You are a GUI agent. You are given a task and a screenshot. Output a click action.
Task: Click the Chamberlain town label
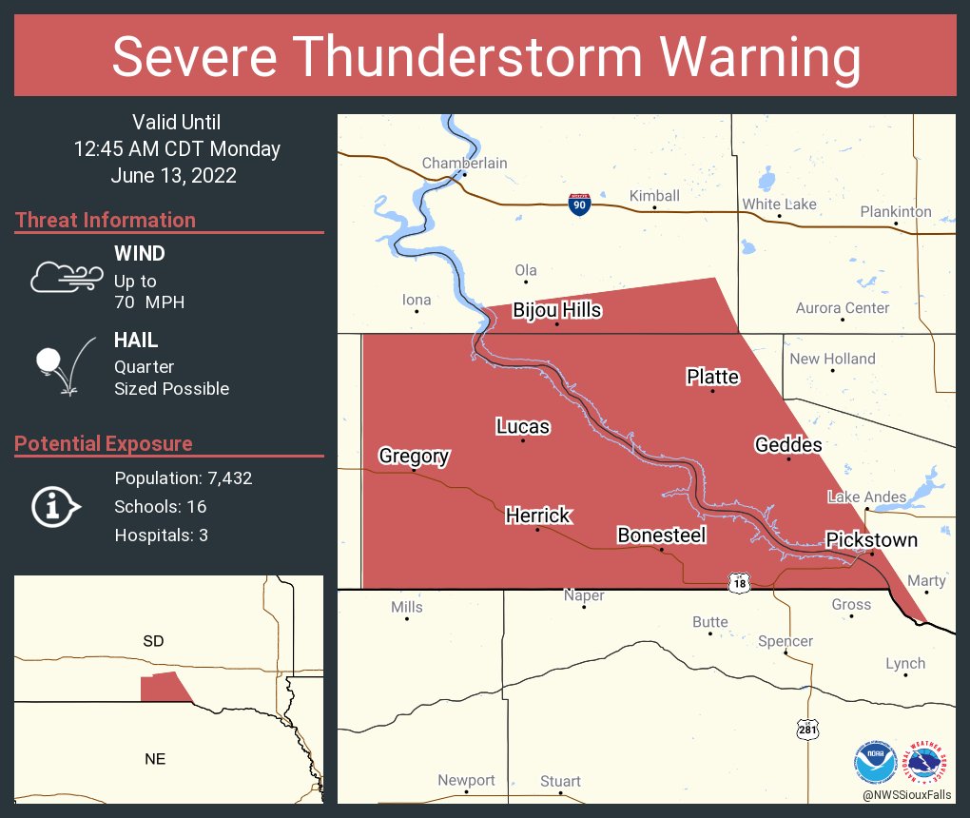464,163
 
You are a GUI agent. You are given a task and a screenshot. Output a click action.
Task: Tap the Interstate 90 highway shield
579,204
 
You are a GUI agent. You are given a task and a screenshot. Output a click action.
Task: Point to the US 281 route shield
806,730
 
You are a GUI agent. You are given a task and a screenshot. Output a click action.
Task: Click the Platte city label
712,377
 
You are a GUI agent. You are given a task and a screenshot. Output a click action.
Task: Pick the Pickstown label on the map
871,540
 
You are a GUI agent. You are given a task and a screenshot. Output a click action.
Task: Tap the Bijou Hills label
556,310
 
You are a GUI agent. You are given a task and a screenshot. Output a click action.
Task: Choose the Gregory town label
414,456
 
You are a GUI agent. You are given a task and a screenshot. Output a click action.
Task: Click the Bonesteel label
661,536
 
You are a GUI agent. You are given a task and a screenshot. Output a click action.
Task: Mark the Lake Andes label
866,497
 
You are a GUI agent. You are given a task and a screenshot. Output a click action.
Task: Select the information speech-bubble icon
56,506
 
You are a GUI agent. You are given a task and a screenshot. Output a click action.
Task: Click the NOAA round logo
875,762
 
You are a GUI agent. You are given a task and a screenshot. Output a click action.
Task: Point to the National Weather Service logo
928,762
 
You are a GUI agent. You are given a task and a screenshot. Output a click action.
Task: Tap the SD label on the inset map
153,641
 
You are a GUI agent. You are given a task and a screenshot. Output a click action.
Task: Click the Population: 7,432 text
183,478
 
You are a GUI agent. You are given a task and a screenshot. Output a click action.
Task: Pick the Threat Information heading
106,220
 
